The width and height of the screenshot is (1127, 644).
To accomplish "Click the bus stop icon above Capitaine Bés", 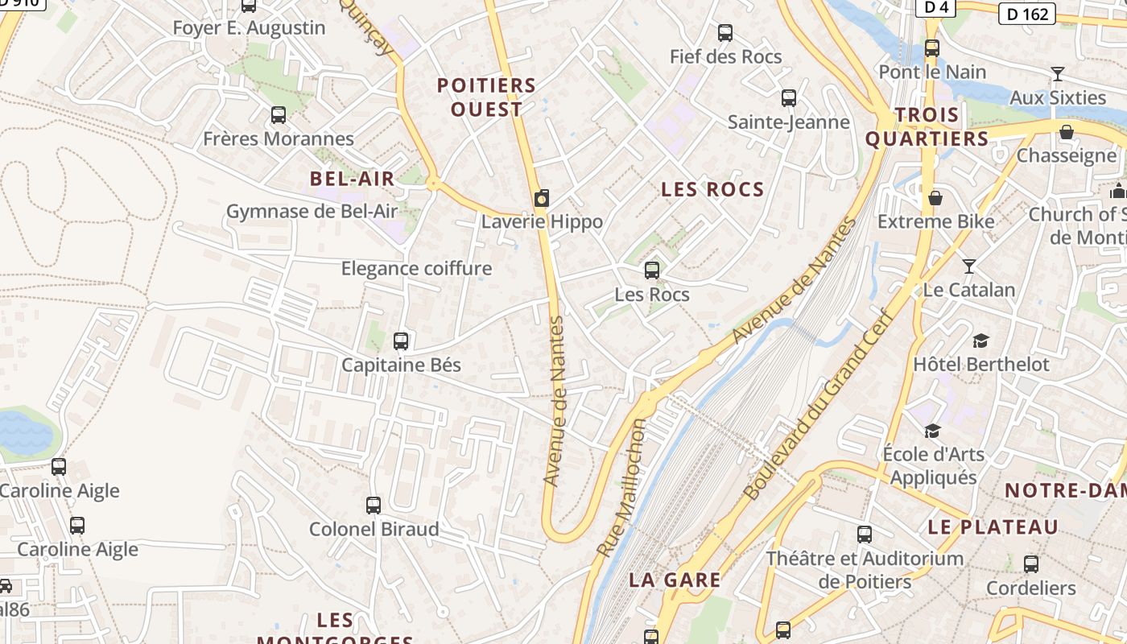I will point(401,341).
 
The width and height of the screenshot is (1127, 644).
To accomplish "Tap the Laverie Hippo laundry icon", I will point(542,198).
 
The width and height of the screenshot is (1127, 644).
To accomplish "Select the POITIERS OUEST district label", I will point(486,97).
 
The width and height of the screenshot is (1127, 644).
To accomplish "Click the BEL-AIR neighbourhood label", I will point(353,179).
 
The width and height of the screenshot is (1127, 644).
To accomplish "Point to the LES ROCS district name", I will point(712,189).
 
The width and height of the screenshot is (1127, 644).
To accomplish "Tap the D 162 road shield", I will point(1028,14).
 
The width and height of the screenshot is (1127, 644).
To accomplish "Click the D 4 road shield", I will point(936,7).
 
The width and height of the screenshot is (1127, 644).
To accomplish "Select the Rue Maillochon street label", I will point(621,488).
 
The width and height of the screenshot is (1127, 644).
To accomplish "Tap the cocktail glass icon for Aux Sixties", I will point(1058,74).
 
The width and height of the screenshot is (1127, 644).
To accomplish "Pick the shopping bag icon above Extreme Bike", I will point(935,197).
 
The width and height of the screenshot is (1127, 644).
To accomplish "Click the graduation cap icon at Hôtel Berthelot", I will point(980,341).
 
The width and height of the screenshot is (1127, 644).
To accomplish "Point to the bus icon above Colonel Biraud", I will point(374,506).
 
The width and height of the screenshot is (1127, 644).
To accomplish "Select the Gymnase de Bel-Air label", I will point(312,212).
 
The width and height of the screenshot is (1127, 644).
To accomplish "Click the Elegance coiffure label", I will point(416,268).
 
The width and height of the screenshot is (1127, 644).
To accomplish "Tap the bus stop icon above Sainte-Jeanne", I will point(789,98).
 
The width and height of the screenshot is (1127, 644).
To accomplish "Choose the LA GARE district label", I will point(675,580).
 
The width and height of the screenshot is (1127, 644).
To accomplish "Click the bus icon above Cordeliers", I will point(1031,564).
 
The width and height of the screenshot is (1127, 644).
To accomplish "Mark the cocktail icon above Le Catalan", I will point(969,266).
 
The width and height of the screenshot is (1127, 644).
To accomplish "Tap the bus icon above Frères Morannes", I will point(279,115).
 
